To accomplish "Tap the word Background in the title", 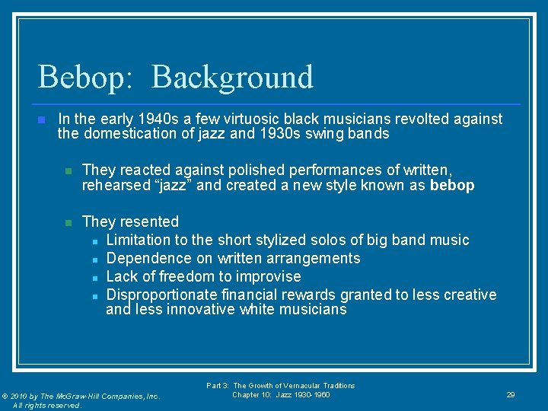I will pos(232,78).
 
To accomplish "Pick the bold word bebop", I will pos(452,185).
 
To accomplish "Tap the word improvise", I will pos(269,276).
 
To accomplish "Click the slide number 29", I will pos(511,395).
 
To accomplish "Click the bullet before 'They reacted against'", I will pos(67,170).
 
